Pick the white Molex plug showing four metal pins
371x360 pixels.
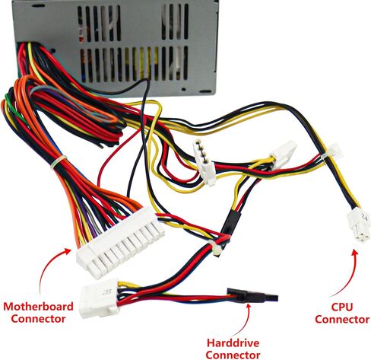[x=204, y=163]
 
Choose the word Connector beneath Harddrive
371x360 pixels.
[x=233, y=354]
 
